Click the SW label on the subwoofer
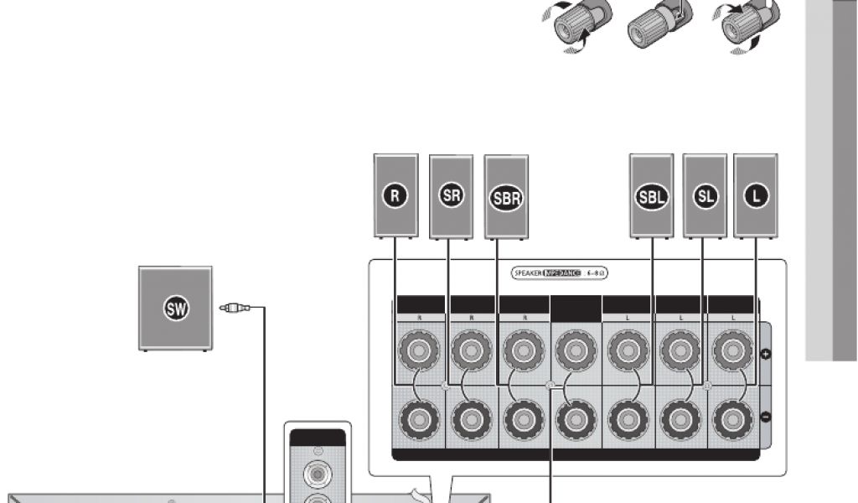[176, 309]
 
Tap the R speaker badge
[396, 196]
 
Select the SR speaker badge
[451, 196]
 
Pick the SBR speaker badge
[506, 198]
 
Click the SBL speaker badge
[652, 198]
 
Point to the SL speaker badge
[705, 196]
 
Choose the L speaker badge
[755, 196]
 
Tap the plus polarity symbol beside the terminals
[764, 354]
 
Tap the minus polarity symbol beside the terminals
[764, 417]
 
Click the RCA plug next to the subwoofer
[235, 309]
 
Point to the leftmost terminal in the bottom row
[416, 416]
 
